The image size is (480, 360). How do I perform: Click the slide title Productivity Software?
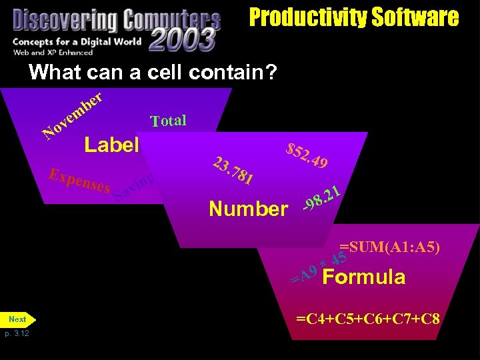(x=354, y=17)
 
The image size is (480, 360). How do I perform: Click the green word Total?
(x=168, y=121)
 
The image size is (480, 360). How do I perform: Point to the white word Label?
(x=111, y=145)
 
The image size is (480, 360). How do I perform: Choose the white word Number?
(x=248, y=209)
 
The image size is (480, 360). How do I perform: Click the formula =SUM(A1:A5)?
(x=389, y=247)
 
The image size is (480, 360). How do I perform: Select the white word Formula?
(x=363, y=277)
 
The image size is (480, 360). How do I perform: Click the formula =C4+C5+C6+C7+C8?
(x=368, y=318)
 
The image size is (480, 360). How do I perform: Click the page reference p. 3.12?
(x=17, y=333)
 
